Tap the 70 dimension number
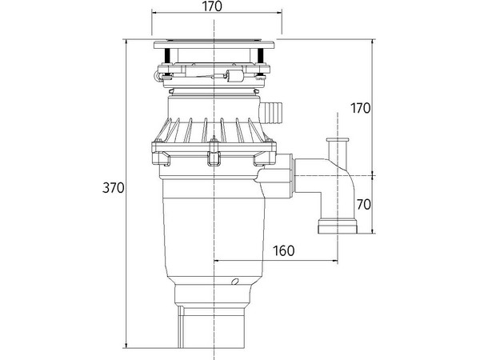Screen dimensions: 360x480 click(x=363, y=204)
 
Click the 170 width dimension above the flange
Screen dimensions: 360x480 click(x=211, y=7)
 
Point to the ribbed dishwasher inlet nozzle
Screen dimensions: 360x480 click(x=272, y=110)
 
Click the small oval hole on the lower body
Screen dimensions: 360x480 click(x=235, y=283)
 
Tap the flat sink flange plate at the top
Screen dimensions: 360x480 click(x=216, y=42)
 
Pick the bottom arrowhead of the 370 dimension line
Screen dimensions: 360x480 click(x=127, y=346)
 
